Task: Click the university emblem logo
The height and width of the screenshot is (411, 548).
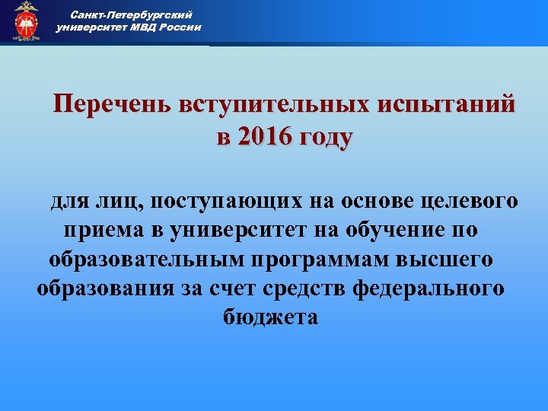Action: tap(27, 21)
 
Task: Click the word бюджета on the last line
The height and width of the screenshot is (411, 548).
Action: tap(272, 317)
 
